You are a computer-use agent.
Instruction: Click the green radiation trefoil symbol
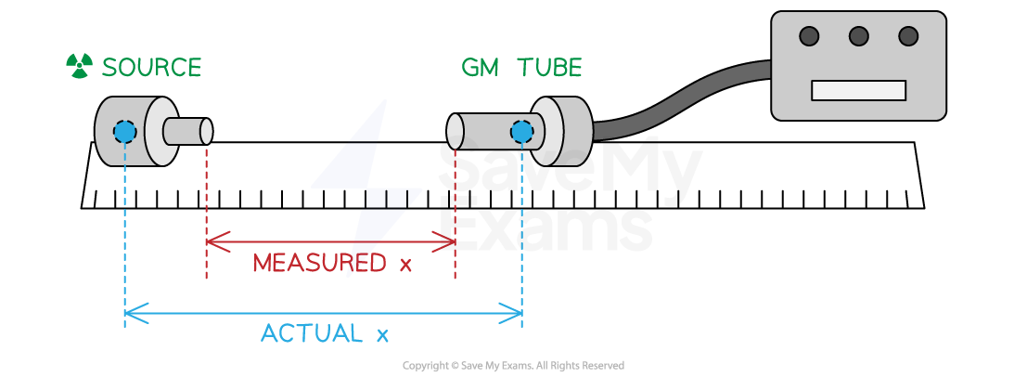coord(79,66)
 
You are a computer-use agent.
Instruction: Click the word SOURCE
coord(151,68)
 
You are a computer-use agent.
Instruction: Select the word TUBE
coord(549,68)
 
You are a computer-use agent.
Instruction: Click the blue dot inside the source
coord(124,132)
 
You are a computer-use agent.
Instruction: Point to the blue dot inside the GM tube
coord(522,132)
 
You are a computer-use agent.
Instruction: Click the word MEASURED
coord(319,264)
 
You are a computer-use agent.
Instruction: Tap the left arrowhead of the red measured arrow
coord(211,242)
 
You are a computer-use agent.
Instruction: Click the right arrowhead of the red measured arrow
coord(450,242)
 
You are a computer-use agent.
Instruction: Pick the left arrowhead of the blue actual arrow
coord(130,313)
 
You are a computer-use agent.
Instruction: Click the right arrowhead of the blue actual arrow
coord(517,313)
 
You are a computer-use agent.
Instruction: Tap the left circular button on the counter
coord(809,36)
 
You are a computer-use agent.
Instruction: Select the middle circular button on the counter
coord(859,36)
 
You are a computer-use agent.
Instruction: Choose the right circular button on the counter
coord(908,36)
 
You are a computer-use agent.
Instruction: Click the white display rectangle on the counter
coord(858,90)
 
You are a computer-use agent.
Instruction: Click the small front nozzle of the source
coord(186,132)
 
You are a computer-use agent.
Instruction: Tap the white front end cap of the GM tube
coord(455,131)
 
